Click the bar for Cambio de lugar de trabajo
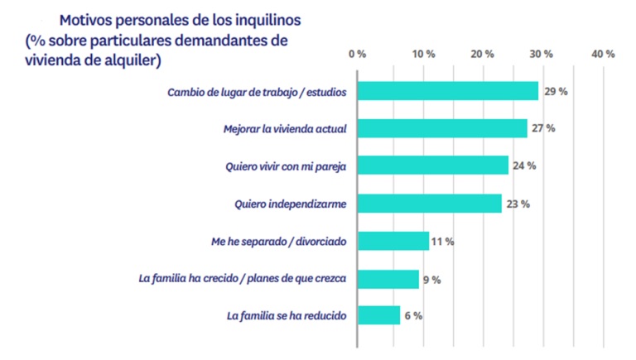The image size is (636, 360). click(x=447, y=91)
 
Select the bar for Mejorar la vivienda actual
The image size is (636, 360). click(x=441, y=128)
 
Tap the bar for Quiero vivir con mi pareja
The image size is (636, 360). click(x=432, y=166)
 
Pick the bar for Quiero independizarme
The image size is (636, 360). click(x=429, y=204)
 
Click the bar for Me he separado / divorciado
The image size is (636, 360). click(x=393, y=242)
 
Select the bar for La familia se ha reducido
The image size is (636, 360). click(x=378, y=315)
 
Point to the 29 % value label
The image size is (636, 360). click(x=556, y=91)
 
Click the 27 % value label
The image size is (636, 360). click(x=544, y=128)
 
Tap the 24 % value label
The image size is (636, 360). click(x=525, y=166)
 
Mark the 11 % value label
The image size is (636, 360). click(x=443, y=242)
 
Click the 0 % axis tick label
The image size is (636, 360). click(x=358, y=54)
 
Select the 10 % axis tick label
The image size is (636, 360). click(x=423, y=54)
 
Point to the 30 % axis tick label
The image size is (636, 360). click(x=543, y=54)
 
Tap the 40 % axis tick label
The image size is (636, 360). click(x=604, y=54)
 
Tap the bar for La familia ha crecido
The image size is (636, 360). click(x=388, y=279)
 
